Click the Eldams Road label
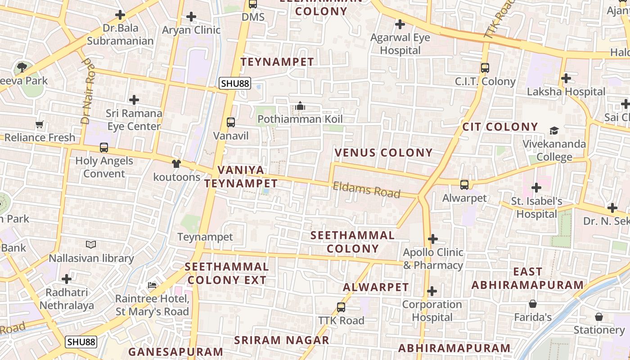click(x=366, y=189)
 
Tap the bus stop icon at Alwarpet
click(x=464, y=184)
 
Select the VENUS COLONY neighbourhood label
click(x=383, y=153)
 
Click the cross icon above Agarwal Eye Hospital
click(x=400, y=24)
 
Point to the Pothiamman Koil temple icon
click(x=300, y=106)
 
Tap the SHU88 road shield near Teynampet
click(x=234, y=83)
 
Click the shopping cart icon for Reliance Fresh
click(x=39, y=124)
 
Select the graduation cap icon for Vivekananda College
click(x=554, y=131)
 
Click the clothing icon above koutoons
click(x=176, y=164)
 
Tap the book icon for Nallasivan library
click(x=91, y=244)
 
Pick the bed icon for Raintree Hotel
click(x=152, y=285)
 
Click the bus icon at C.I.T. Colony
click(x=485, y=68)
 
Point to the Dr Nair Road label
click(x=88, y=90)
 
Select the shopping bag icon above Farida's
click(x=533, y=304)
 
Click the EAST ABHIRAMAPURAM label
click(x=527, y=278)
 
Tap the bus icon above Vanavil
click(x=231, y=122)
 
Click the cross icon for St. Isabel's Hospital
click(x=536, y=187)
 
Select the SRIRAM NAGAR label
click(x=282, y=340)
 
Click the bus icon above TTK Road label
click(x=341, y=307)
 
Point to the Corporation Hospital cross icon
click(x=432, y=291)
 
